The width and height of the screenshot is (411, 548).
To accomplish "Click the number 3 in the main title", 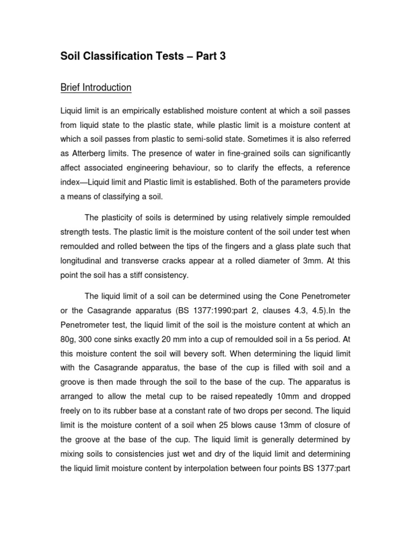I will (222, 56).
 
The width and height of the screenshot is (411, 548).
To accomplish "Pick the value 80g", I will (67, 339).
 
